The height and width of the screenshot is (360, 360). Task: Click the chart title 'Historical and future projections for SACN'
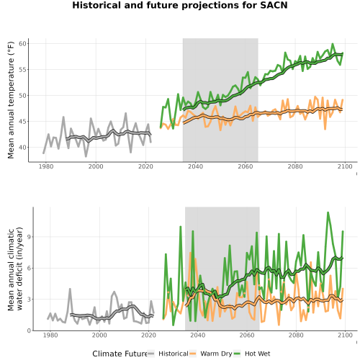point(180,5)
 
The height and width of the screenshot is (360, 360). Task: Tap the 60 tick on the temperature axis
point(22,44)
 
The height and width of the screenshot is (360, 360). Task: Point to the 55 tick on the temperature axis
point(22,70)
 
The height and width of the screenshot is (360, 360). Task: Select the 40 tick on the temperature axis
point(22,148)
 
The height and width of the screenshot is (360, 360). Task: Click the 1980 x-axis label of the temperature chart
point(46,166)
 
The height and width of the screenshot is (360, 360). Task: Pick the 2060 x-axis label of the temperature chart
point(246,166)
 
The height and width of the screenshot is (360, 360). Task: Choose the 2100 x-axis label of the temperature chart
point(345,166)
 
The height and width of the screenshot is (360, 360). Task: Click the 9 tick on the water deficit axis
point(29,237)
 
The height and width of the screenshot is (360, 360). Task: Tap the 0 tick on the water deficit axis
point(29,330)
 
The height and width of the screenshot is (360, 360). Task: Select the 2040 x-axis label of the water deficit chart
point(198,335)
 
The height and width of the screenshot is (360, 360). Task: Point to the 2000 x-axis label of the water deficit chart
point(99,335)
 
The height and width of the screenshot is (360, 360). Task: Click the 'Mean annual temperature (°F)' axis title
point(11,100)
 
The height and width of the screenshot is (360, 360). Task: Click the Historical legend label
point(174,354)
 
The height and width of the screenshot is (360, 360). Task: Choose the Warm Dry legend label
point(216,354)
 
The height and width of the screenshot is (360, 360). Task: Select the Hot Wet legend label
point(257,354)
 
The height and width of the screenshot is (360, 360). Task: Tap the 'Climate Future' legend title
point(120,354)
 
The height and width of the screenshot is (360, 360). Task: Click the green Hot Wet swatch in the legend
point(237,354)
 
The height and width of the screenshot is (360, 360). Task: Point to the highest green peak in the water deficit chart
point(328,212)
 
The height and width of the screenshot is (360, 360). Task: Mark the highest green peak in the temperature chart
point(333,44)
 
